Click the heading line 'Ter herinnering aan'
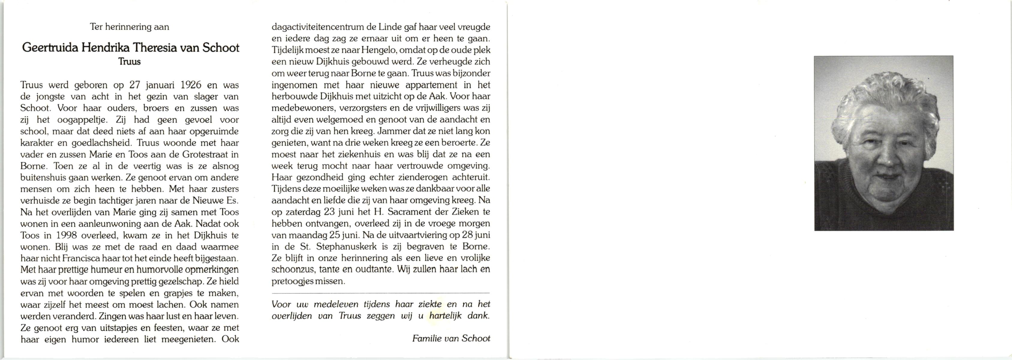tap(129, 27)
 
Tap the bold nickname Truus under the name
tap(129, 62)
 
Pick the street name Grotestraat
tap(201, 154)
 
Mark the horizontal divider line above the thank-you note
tap(380, 293)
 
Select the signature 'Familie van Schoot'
tap(451, 338)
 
